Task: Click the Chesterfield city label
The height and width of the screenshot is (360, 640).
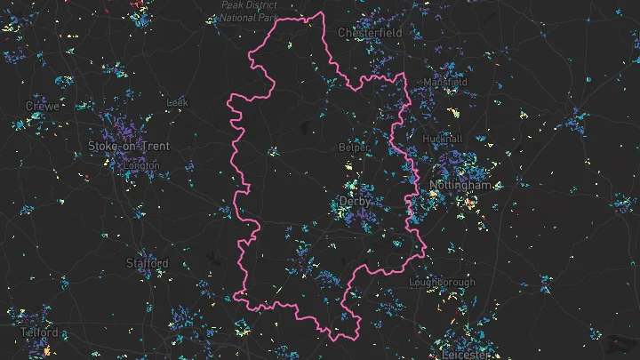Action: click(370, 33)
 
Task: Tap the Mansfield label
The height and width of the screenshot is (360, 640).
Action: click(445, 82)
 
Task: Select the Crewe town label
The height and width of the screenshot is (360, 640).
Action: click(43, 106)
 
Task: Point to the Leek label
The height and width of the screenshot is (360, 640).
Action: click(178, 103)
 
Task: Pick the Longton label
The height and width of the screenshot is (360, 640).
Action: click(141, 165)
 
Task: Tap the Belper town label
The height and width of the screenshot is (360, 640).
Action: click(354, 147)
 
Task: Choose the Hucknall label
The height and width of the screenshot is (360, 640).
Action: click(444, 140)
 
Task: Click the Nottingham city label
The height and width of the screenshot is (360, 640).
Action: click(460, 186)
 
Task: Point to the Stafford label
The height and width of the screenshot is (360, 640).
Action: click(147, 263)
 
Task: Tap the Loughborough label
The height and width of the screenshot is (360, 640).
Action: click(442, 283)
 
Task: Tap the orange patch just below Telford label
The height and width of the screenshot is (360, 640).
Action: click(46, 351)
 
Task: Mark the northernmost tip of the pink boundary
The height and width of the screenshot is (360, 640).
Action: click(321, 13)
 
